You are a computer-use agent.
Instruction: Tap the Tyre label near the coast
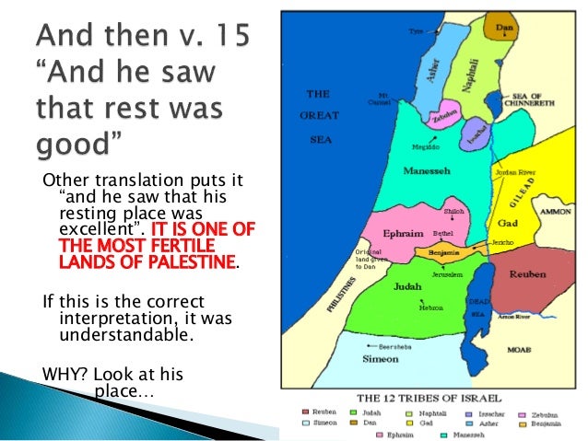417,31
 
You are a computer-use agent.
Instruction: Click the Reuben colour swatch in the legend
303,413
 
